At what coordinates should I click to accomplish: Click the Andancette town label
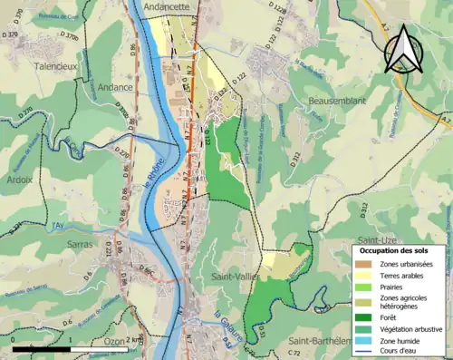(x=164, y=6)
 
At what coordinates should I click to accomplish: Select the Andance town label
(x=117, y=88)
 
